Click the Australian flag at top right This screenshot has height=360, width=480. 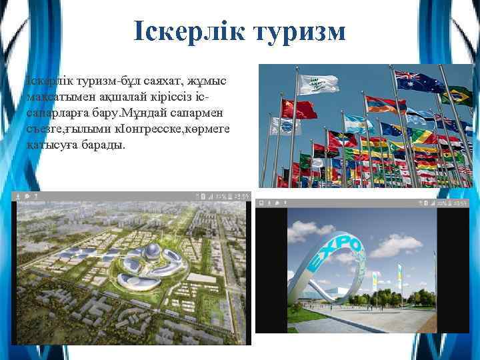click(418, 81)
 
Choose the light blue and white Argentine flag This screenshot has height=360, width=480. click(358, 123)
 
